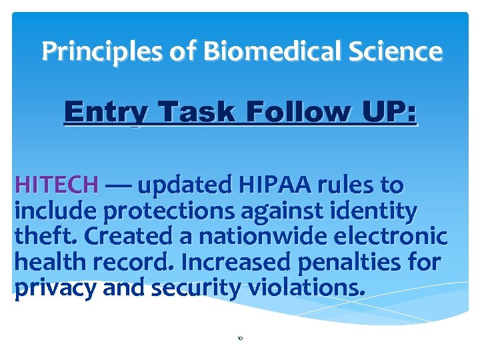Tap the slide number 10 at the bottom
(x=240, y=339)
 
